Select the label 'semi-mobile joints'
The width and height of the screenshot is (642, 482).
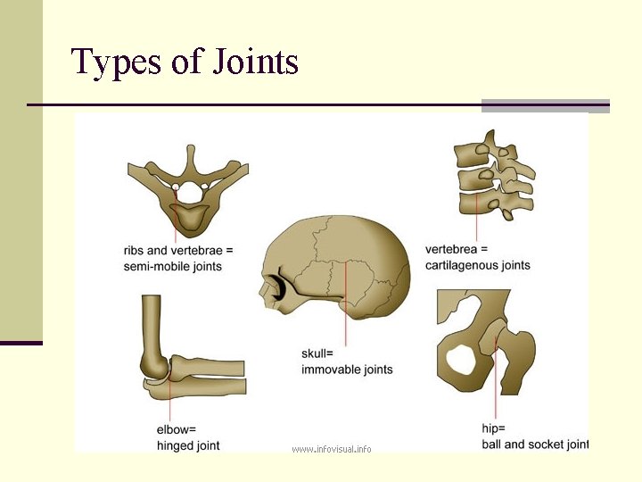pyautogui.click(x=173, y=266)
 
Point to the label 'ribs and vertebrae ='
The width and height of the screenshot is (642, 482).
pyautogui.click(x=177, y=249)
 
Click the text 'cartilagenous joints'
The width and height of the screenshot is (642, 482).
pyautogui.click(x=478, y=265)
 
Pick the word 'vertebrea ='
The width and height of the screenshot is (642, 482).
pyautogui.click(x=457, y=249)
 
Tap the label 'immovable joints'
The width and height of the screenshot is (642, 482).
pyautogui.click(x=347, y=370)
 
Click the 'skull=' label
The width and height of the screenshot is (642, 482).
pyautogui.click(x=317, y=353)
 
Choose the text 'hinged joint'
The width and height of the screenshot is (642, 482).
pyautogui.click(x=188, y=445)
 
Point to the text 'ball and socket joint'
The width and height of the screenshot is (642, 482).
pyautogui.click(x=535, y=444)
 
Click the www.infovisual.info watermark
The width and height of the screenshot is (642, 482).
pyautogui.click(x=332, y=448)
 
